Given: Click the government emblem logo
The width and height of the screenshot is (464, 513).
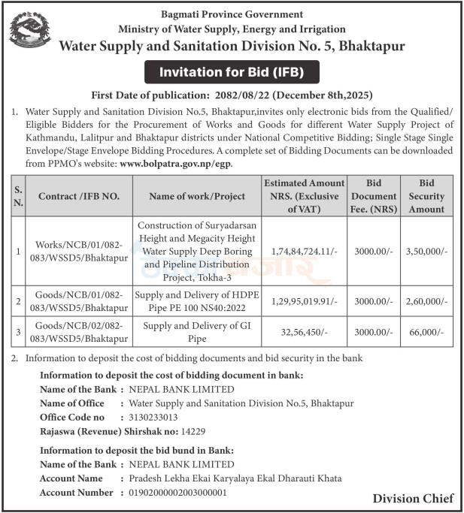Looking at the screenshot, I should (x=30, y=31).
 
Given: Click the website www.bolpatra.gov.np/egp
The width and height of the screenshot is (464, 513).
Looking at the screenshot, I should (x=176, y=162).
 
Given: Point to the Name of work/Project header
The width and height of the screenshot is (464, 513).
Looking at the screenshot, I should (x=197, y=196).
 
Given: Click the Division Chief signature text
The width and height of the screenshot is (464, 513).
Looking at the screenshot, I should (x=413, y=498).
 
